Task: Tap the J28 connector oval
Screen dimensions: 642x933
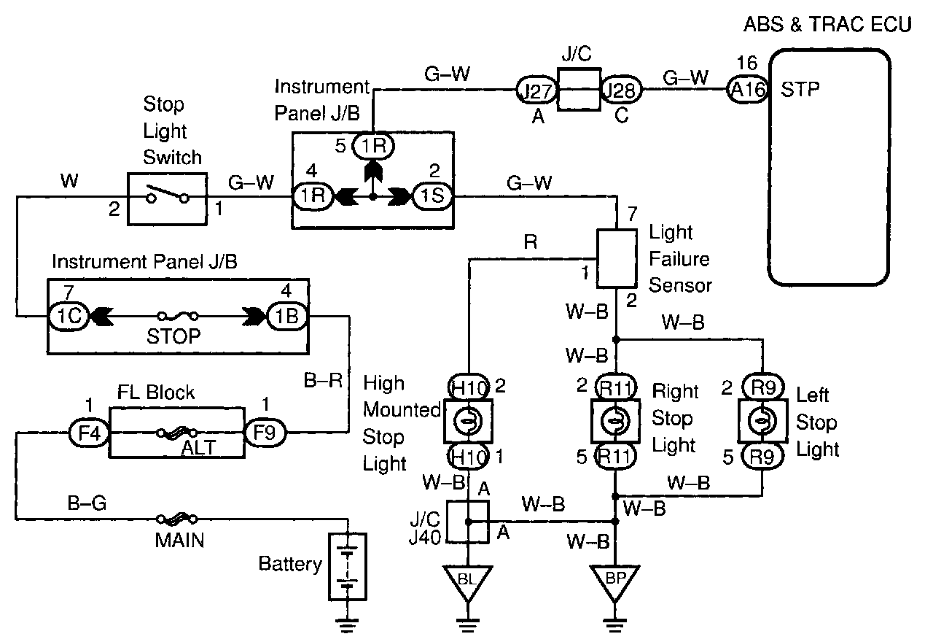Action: pyautogui.click(x=621, y=90)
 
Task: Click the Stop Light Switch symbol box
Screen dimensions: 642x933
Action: pyautogui.click(x=168, y=198)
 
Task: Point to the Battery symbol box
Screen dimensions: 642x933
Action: pyautogui.click(x=347, y=566)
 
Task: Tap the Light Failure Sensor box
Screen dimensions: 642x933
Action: pyautogui.click(x=617, y=258)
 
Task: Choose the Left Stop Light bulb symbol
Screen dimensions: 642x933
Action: pyautogui.click(x=762, y=421)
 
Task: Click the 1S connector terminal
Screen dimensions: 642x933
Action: pyautogui.click(x=432, y=196)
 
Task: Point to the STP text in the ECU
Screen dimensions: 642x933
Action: pyautogui.click(x=800, y=90)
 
